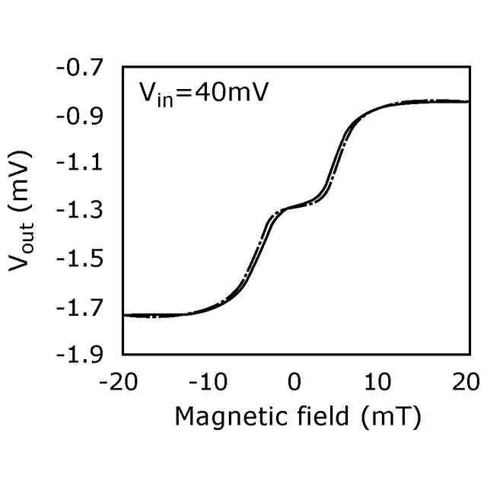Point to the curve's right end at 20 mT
pyautogui.click(x=466, y=101)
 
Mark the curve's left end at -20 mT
pyautogui.click(x=125, y=315)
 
